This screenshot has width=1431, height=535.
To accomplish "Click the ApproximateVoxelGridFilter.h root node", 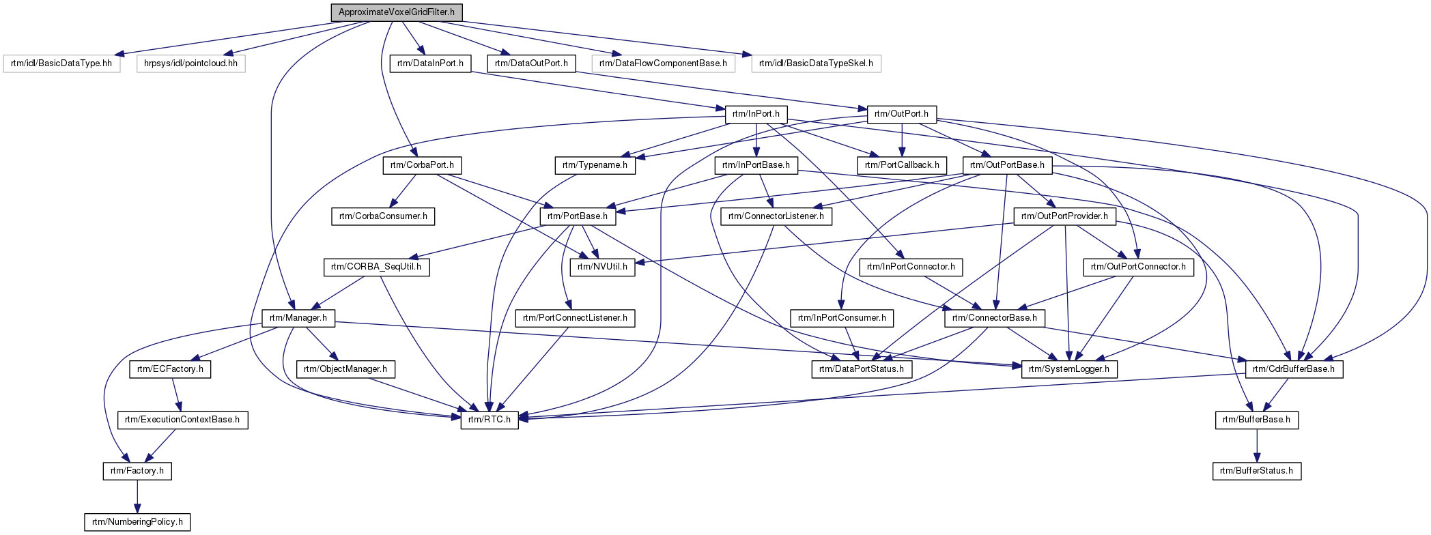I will pyautogui.click(x=396, y=12).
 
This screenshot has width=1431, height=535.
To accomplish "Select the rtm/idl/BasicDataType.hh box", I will pyautogui.click(x=61, y=63).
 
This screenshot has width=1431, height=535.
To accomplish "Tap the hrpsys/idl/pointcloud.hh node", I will pyautogui.click(x=190, y=63).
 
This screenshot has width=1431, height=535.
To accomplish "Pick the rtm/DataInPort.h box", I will pyautogui.click(x=430, y=63).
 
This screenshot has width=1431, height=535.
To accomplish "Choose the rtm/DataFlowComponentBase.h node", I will pyautogui.click(x=663, y=63).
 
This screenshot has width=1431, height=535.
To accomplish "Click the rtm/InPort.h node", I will pyautogui.click(x=756, y=114).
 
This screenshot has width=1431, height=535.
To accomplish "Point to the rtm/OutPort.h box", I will pyautogui.click(x=901, y=114).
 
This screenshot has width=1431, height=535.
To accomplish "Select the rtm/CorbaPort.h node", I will pyautogui.click(x=422, y=165).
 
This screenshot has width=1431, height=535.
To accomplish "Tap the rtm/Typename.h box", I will pyautogui.click(x=595, y=165).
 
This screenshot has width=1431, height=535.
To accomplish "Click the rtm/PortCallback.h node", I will pyautogui.click(x=902, y=165).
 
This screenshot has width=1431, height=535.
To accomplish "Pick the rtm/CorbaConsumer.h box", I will pyautogui.click(x=383, y=216).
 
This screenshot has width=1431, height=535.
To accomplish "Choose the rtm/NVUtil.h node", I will pyautogui.click(x=602, y=267).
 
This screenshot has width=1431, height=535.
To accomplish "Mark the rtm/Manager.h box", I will pyautogui.click(x=298, y=318).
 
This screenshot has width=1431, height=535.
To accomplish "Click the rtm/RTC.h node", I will pyautogui.click(x=489, y=420).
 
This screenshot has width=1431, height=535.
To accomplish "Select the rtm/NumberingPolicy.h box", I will pyautogui.click(x=137, y=522).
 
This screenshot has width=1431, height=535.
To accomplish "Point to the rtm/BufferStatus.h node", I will pyautogui.click(x=1256, y=471).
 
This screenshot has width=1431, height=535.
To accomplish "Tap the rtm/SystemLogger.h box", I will pyautogui.click(x=1069, y=369).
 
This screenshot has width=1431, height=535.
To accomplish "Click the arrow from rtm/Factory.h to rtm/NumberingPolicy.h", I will pyautogui.click(x=137, y=496).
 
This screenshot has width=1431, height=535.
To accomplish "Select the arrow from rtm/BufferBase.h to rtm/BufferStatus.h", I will pyautogui.click(x=1256, y=445).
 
